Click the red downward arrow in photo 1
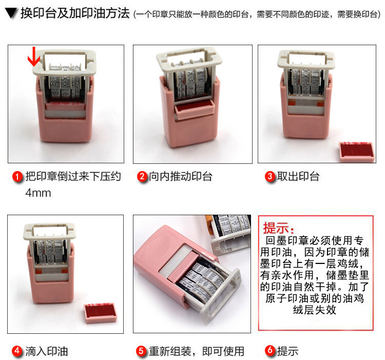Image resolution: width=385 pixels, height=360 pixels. [34, 57]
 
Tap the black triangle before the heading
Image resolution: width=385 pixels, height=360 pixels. [11, 13]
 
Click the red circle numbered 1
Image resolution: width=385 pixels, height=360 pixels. [17, 177]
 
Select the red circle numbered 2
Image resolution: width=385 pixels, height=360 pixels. [142, 177]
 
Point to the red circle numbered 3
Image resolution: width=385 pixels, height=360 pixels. [270, 177]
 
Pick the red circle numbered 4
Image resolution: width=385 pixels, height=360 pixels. [17, 351]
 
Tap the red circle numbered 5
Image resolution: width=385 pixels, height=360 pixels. [141, 351]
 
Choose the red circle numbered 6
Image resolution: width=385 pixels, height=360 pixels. [270, 350]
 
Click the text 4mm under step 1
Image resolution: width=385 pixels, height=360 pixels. [38, 193]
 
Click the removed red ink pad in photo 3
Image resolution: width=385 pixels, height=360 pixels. [357, 152]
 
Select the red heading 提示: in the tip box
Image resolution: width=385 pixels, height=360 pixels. [278, 228]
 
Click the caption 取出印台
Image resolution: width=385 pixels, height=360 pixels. [298, 177]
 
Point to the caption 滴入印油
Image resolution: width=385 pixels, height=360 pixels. [47, 351]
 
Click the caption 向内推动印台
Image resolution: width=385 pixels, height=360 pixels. [181, 177]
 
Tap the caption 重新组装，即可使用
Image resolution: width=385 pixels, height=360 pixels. [197, 351]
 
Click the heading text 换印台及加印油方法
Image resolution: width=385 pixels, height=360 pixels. [75, 13]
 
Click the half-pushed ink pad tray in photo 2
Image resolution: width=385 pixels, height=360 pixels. [195, 109]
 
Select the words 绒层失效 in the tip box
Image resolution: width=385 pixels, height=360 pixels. [315, 310]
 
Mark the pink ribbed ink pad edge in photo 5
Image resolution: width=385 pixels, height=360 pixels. [183, 267]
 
